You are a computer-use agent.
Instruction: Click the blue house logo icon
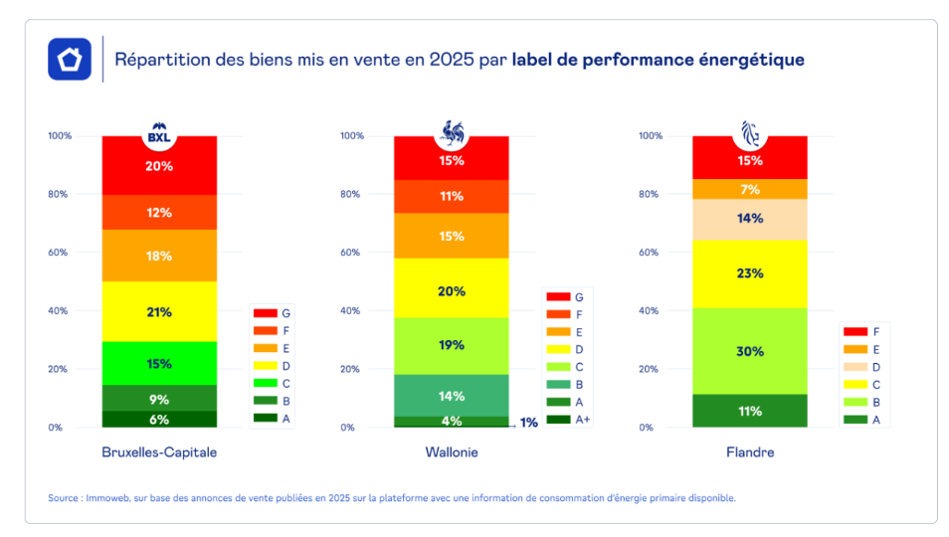[70, 59]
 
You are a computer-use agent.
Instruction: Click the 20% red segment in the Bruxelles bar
[159, 166]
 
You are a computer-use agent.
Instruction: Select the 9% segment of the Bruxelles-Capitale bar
[159, 399]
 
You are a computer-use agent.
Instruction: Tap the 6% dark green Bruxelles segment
[159, 420]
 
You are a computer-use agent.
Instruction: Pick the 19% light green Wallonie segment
[451, 345]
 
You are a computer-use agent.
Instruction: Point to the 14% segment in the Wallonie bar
[451, 396]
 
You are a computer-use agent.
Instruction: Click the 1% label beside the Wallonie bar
[529, 423]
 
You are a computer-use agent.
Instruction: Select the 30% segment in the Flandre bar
[749, 351]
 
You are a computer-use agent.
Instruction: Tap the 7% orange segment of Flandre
[749, 189]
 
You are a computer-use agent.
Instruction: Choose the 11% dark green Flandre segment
[749, 411]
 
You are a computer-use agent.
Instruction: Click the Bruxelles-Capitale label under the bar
[159, 452]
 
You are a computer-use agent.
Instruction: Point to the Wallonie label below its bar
[451, 452]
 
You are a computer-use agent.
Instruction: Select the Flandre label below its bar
[749, 452]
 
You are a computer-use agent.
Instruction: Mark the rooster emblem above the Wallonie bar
[453, 132]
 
